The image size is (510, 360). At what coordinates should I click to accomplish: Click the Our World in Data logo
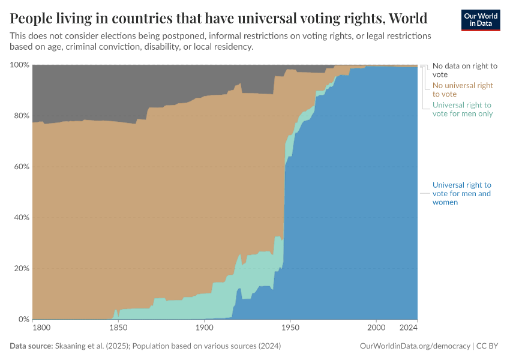[x=480, y=20]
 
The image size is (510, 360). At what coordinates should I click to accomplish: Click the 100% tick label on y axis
[x=19, y=64]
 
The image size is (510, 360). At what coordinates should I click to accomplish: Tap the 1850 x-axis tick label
[x=118, y=328]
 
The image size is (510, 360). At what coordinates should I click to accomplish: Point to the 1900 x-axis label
[x=204, y=328]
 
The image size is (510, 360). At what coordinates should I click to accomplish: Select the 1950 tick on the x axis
[x=290, y=328]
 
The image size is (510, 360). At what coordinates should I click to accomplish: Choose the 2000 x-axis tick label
[x=376, y=328]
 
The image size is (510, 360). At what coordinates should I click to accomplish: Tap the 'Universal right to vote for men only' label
[x=461, y=109]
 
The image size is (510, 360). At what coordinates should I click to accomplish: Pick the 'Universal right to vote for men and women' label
[x=461, y=194]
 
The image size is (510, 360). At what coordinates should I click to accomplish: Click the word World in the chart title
[x=405, y=16]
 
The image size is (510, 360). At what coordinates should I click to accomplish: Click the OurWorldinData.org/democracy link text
[x=415, y=346]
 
